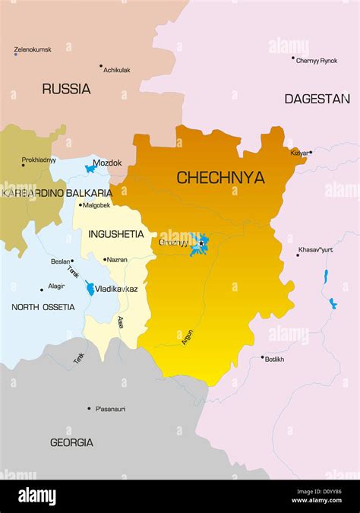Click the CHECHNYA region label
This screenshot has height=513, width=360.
(x=220, y=178)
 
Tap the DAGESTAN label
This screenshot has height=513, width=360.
(x=317, y=99)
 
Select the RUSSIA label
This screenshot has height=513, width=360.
(x=66, y=89)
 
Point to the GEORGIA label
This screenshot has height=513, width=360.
(x=71, y=442)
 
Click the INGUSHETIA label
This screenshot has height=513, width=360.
(x=116, y=233)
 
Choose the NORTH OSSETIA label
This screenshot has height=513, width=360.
(x=43, y=307)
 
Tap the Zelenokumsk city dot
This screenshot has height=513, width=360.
(x=15, y=54)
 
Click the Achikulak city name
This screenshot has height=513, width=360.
(x=116, y=70)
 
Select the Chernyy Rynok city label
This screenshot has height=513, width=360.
(x=317, y=61)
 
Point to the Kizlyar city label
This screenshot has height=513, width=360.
(x=299, y=153)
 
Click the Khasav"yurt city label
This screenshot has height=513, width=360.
(x=316, y=249)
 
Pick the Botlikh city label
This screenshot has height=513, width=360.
(x=275, y=359)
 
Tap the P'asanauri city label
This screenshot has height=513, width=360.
(x=110, y=409)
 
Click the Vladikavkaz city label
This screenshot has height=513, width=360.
(x=116, y=290)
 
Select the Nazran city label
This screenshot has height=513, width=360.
(x=117, y=260)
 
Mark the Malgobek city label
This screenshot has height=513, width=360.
(x=96, y=205)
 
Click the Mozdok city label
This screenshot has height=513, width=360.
(x=107, y=163)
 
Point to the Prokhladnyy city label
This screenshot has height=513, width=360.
(x=39, y=160)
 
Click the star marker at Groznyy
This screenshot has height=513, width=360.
(x=201, y=243)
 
